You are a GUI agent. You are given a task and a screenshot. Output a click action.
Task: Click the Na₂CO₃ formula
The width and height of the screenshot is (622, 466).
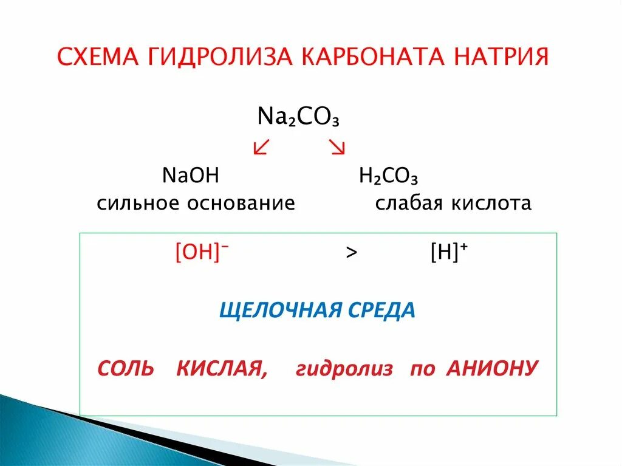coord(298,116)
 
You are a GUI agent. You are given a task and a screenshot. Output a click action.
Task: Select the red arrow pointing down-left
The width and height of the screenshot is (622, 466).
coord(261,147)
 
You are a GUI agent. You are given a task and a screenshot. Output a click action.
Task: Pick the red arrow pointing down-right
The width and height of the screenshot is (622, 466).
coord(337,147)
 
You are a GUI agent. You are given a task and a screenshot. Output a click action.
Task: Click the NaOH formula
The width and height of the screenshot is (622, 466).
coord(191,176)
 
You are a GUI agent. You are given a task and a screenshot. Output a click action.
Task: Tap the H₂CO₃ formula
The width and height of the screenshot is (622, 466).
coord(389,177)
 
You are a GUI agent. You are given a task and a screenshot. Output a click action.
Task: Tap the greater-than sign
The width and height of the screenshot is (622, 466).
coord(351,254)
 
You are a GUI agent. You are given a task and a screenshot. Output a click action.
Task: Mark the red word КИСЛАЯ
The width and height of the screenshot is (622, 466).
coord(221,368)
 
